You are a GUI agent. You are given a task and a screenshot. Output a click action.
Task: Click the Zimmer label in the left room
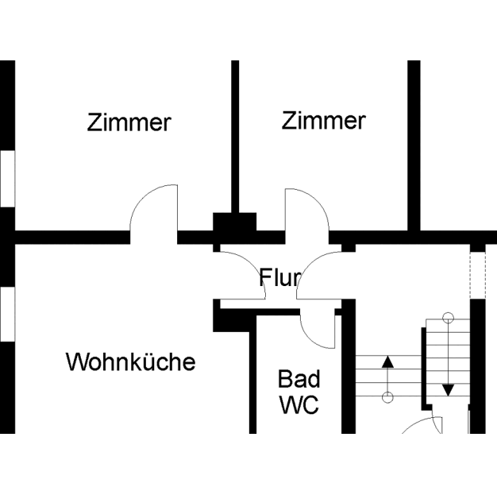click(129, 123)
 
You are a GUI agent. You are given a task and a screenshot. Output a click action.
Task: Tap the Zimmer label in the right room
click(323, 121)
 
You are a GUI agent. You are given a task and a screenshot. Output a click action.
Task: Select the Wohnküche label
click(130, 362)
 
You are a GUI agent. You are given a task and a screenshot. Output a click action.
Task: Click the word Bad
click(299, 379)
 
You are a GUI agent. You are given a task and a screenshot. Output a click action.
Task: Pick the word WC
click(299, 404)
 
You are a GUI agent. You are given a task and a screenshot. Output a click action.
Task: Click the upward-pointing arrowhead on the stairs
click(387, 362)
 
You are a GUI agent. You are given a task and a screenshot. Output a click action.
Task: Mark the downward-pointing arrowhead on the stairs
click(448, 389)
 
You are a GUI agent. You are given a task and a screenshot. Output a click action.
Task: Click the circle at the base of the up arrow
click(387, 396)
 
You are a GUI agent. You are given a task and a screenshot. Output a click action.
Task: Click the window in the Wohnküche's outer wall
click(7, 314)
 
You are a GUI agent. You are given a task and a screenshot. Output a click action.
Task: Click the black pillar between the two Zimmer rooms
click(235, 222)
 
